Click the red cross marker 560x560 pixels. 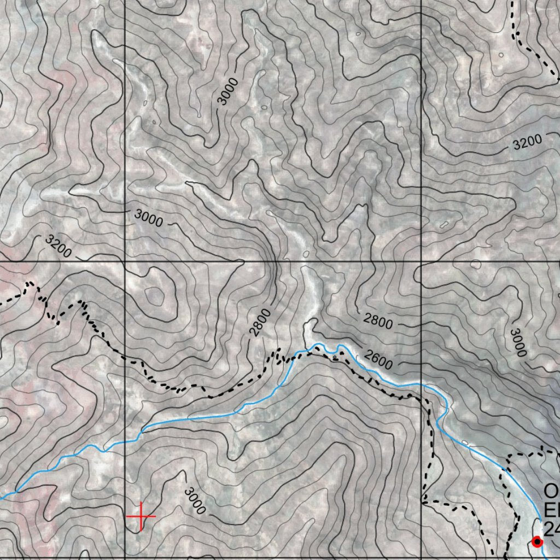[141, 516]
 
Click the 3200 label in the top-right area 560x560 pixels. [528, 142]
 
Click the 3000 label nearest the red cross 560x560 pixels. [194, 500]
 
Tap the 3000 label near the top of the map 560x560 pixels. [228, 91]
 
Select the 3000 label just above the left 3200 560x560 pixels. [148, 218]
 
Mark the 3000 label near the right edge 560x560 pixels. [517, 343]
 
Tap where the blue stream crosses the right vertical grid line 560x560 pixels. [421, 384]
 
